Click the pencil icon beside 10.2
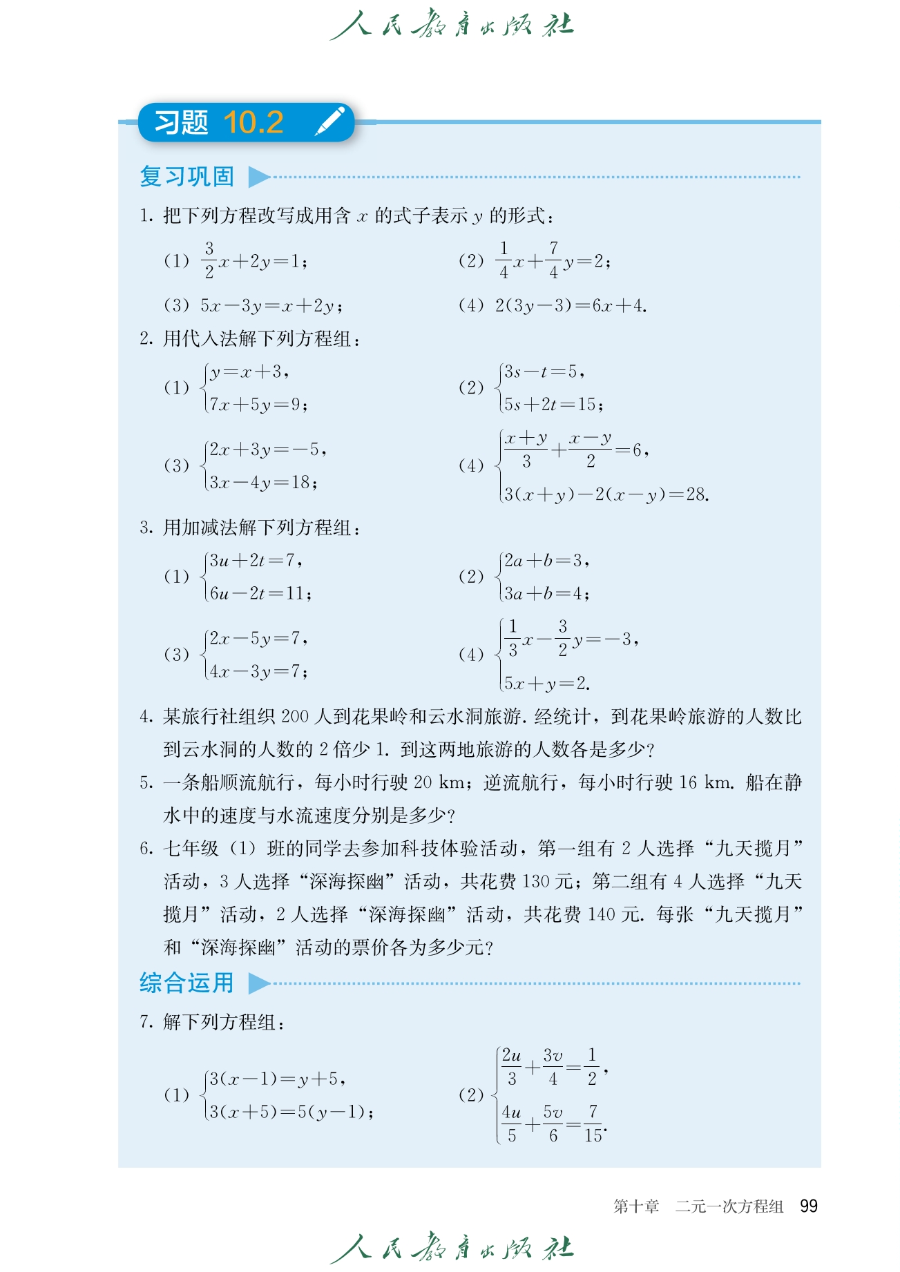(329, 122)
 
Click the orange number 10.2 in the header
(253, 122)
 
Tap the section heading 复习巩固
(187, 177)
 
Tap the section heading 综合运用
(187, 983)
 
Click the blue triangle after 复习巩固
(258, 177)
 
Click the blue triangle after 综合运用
(258, 983)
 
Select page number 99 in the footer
(808, 1206)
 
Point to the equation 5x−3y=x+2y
(271, 305)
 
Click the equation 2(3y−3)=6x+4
(571, 305)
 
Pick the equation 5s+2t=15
(553, 404)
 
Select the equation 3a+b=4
(546, 592)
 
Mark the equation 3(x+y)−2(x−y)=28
(606, 494)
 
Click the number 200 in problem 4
(295, 716)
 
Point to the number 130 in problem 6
(536, 881)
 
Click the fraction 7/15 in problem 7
(593, 1124)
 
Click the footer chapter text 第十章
(636, 1206)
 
